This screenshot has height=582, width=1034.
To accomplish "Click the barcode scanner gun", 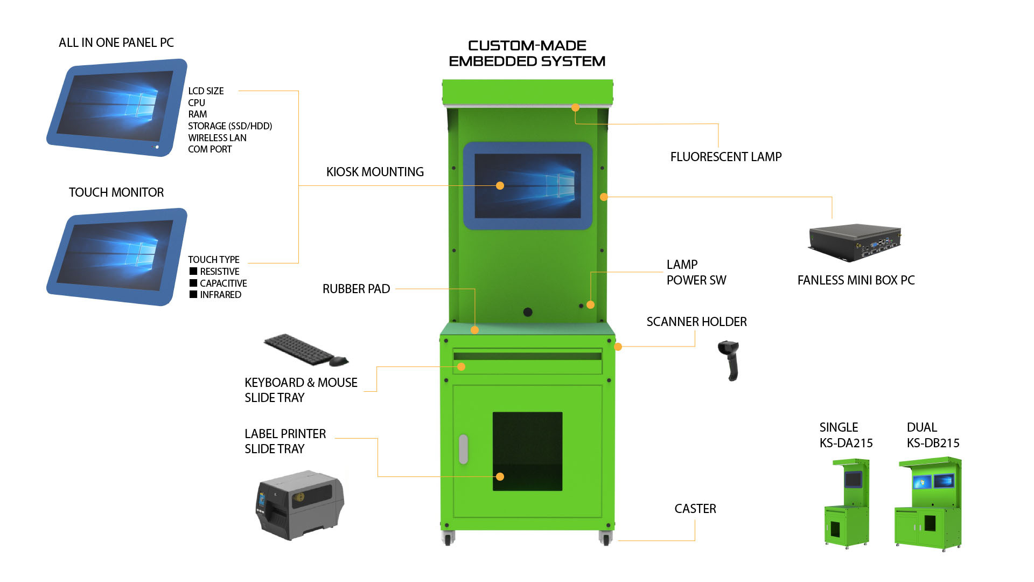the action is click(x=729, y=360).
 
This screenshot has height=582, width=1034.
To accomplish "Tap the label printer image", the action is click(x=300, y=505).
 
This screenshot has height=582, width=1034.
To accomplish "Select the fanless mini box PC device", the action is click(x=855, y=243).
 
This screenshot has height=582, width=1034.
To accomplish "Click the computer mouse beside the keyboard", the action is click(x=339, y=361).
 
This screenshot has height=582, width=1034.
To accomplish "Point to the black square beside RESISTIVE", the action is click(x=193, y=271).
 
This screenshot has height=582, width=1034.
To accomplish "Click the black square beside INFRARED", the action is click(x=193, y=294).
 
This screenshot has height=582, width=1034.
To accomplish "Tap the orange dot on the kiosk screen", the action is click(x=500, y=185).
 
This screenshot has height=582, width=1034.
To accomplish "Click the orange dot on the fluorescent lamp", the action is click(x=575, y=108).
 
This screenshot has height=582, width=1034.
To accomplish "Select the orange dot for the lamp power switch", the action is click(x=590, y=305).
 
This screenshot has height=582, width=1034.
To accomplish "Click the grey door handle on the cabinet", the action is click(x=463, y=449).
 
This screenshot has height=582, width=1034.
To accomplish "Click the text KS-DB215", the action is click(x=933, y=443).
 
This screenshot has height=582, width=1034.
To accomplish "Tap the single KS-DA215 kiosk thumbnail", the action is click(x=847, y=503).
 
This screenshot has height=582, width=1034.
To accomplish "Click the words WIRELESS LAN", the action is click(x=217, y=137).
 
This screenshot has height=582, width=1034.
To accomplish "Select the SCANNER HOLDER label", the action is click(x=696, y=322).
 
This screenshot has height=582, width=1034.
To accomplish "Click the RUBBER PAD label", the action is click(x=356, y=289).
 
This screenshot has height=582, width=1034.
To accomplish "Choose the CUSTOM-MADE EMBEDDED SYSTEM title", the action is click(x=527, y=53).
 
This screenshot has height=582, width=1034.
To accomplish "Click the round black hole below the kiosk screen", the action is click(x=528, y=312).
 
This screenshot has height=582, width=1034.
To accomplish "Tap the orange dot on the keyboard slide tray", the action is click(x=461, y=366).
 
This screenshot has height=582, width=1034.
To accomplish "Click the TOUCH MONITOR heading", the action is click(x=116, y=192).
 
